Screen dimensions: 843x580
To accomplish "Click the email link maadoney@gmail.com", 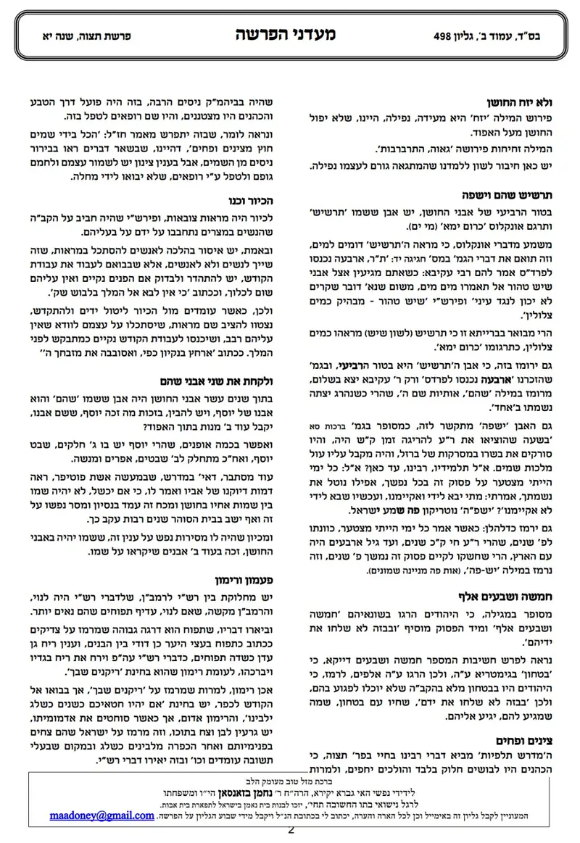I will tap(102, 815).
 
